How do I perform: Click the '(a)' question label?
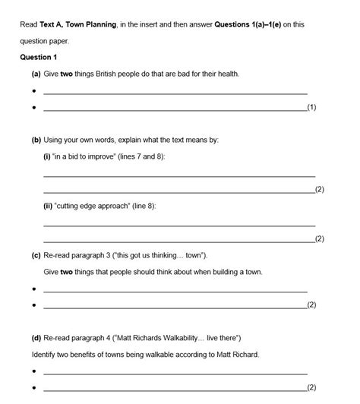tap(36, 74)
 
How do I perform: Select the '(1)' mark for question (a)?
tap(311, 108)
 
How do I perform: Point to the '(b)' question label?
tap(36, 140)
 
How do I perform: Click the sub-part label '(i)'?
tap(48, 156)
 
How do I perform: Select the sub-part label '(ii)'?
tap(49, 207)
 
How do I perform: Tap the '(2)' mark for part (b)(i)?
tap(319, 190)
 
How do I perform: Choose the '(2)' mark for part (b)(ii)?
tap(319, 239)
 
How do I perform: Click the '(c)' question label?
tap(36, 256)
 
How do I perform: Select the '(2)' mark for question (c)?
tap(311, 305)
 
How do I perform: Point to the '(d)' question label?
tap(36, 338)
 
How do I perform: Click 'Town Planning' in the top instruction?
tap(94, 24)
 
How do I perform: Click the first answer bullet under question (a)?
tap(35, 92)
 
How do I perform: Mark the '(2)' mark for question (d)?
tap(311, 388)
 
